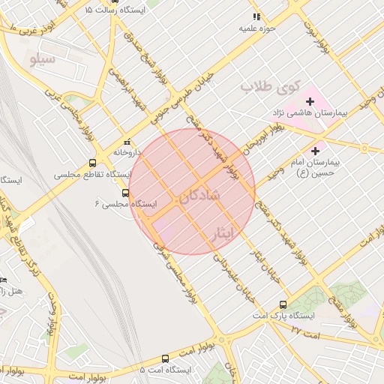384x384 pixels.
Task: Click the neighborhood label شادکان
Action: pos(199,196)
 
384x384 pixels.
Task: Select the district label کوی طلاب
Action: pos(265,88)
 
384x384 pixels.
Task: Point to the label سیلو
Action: pos(42,58)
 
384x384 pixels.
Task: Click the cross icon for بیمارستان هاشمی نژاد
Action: pos(310,100)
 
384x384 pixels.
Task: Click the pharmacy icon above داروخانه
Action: pos(127,141)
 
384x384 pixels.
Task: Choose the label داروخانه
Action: pos(127,151)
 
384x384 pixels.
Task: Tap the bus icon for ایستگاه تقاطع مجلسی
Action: pos(93,163)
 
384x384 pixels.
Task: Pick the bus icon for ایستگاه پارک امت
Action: pos(283,304)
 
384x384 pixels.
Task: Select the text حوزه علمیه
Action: pos(259,28)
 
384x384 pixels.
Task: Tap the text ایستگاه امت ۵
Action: pos(166,370)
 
